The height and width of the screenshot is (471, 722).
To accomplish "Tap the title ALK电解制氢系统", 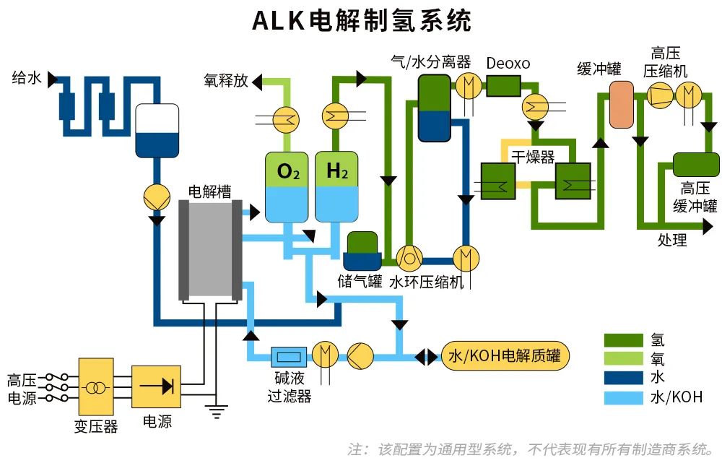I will coord(361,21).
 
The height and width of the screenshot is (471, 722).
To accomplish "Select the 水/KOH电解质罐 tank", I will coord(505,356).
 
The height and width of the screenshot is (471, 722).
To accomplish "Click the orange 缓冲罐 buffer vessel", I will coord(620,105).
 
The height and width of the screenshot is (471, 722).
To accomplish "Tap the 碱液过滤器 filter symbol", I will coord(289,356).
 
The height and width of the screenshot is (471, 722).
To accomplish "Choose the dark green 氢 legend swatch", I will coord(623,340).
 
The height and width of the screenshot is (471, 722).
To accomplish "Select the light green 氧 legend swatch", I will coord(623,358).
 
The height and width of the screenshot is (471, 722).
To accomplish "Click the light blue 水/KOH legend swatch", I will coord(623,397).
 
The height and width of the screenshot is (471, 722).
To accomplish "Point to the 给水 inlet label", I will coord(27,78).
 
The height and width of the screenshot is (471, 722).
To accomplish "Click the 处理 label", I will coord(672,240).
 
